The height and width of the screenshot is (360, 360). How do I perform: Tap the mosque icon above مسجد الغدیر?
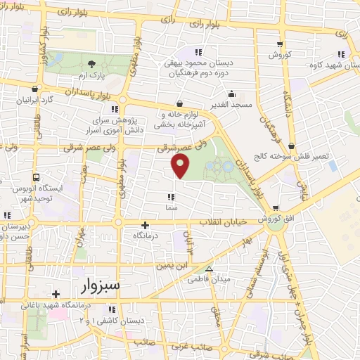coord(231,94)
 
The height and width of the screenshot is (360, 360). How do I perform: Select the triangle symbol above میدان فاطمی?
coord(209,269)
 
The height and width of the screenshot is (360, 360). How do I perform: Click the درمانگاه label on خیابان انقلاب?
coord(143,236)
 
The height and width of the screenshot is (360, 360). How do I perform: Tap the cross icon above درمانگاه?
coord(145,226)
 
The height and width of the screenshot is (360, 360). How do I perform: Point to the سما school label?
coord(171,187)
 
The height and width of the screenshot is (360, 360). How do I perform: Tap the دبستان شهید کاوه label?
coord(335,65)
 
